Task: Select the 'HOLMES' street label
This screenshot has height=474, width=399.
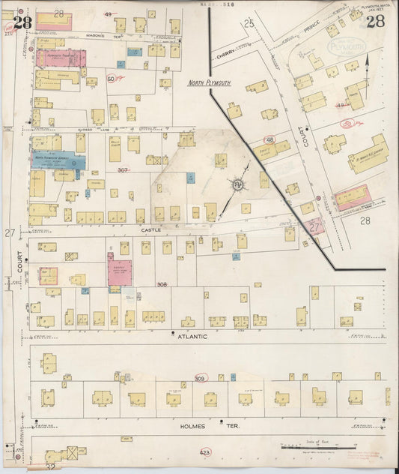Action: [194, 426]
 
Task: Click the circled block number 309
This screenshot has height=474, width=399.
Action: [201, 379]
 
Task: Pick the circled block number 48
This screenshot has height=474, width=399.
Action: [269, 139]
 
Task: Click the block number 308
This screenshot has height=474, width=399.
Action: [162, 285]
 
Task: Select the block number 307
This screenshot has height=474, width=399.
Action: [123, 170]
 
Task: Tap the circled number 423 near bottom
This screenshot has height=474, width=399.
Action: [204, 453]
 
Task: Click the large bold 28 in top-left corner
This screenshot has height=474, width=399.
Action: [22, 22]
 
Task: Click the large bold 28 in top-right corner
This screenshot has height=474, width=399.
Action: [375, 22]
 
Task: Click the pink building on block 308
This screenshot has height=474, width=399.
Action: [119, 272]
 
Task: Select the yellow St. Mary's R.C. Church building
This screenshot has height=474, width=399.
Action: [368, 154]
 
